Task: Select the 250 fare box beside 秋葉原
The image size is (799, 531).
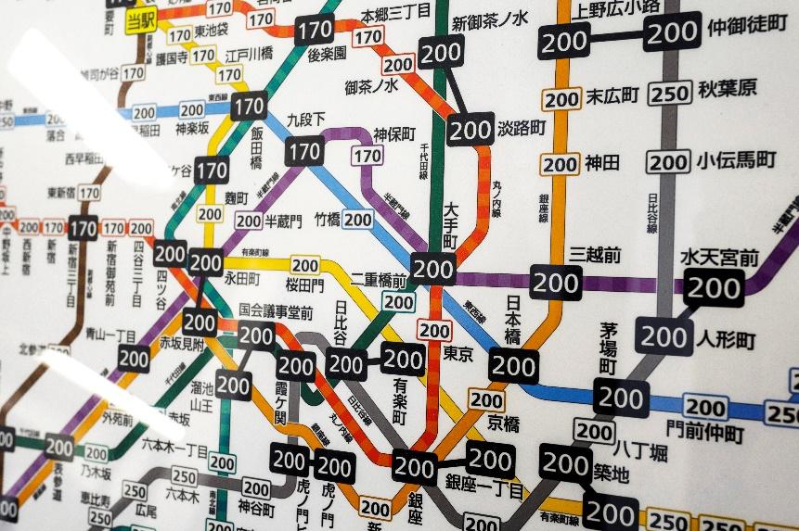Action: pyautogui.click(x=671, y=93)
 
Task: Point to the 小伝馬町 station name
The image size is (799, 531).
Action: pyautogui.click(x=740, y=159)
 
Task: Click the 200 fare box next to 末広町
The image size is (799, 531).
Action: pyautogui.click(x=561, y=99)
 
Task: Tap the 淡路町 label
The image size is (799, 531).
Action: pyautogui.click(x=522, y=128)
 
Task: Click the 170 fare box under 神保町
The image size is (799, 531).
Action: pyautogui.click(x=368, y=157)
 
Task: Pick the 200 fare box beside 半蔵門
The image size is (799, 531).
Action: pyautogui.click(x=249, y=220)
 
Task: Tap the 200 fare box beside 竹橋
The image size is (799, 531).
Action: pyautogui.click(x=358, y=220)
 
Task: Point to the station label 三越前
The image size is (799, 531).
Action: pyautogui.click(x=595, y=255)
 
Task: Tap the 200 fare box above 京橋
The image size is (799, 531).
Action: pyautogui.click(x=486, y=399)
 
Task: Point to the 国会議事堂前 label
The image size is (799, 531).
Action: pyautogui.click(x=276, y=310)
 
